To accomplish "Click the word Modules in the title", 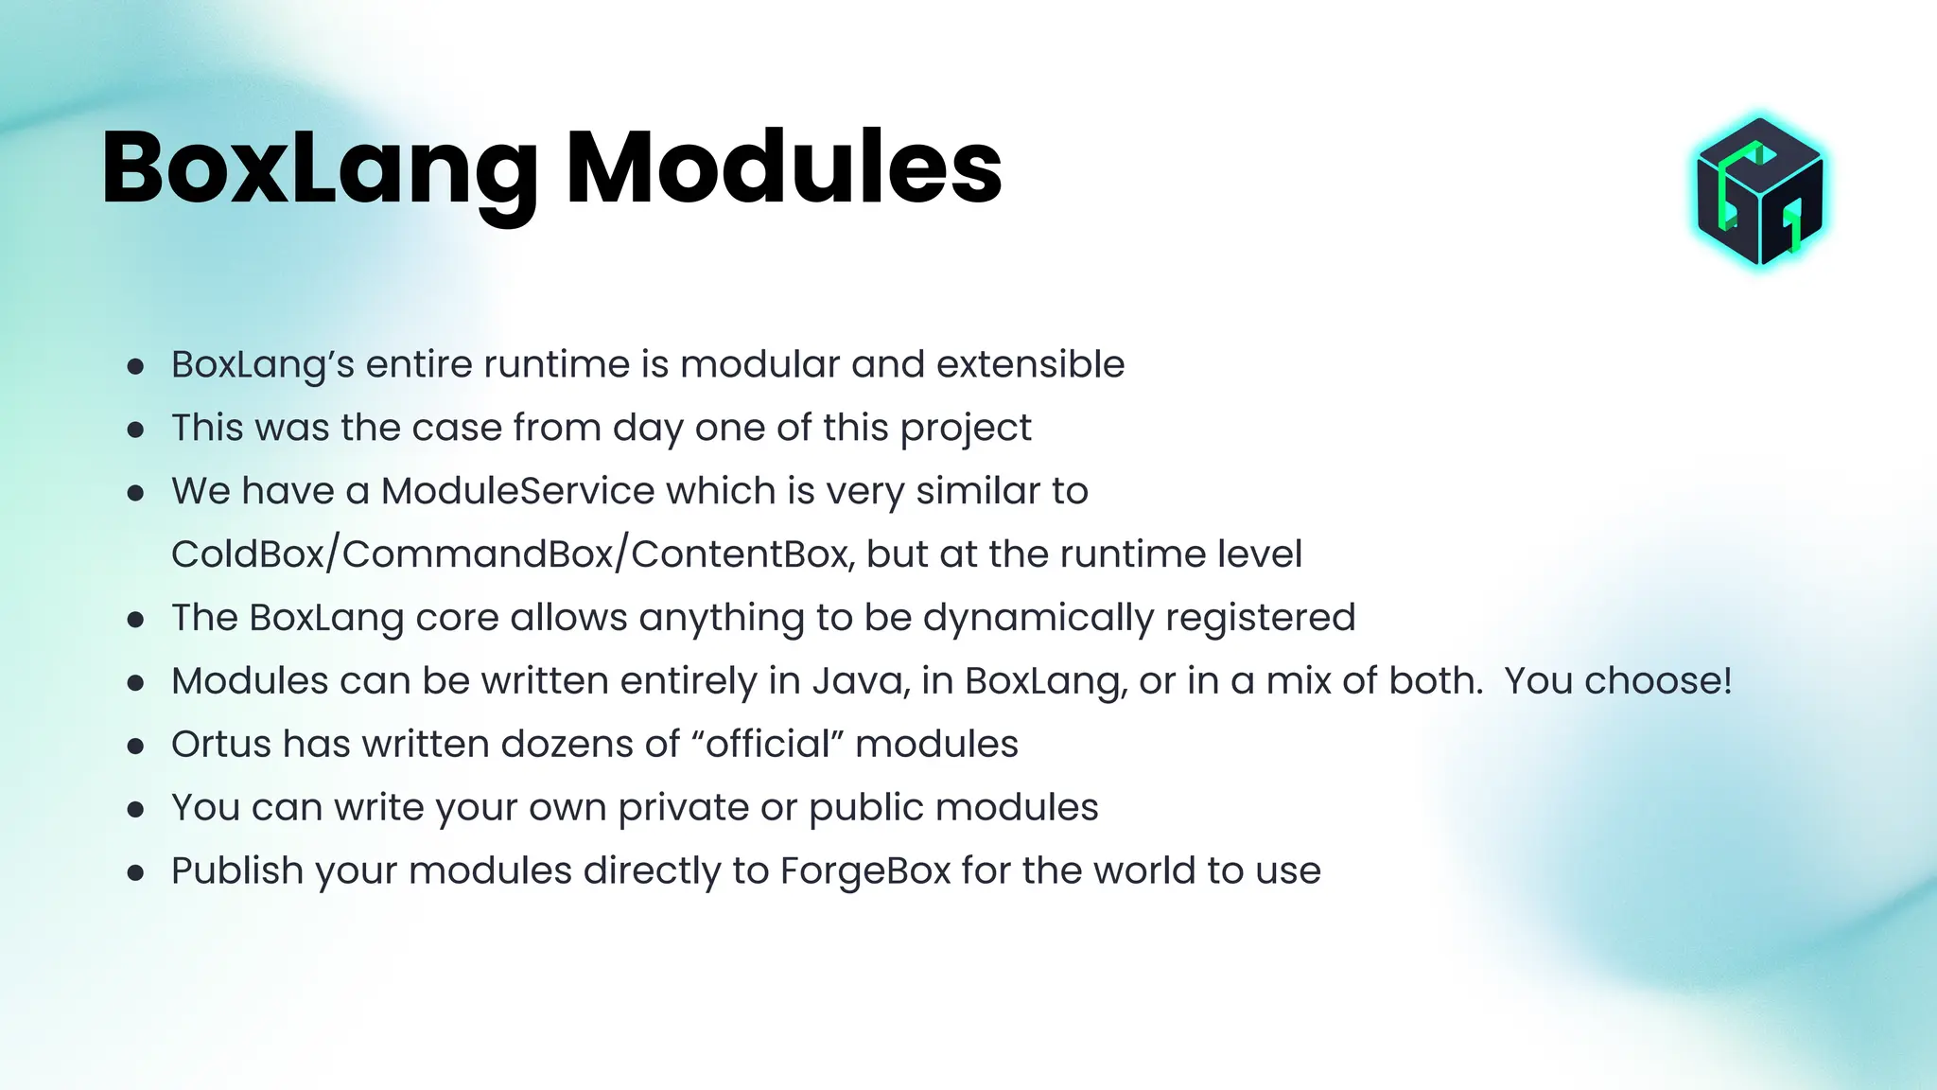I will click(783, 168).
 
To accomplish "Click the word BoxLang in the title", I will click(320, 168).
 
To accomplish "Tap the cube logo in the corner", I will click(1759, 192).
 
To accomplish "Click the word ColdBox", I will click(247, 554).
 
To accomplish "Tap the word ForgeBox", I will click(865, 871).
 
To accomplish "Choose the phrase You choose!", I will click(1617, 681).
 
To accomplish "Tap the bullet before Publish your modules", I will click(135, 872).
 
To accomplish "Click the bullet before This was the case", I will click(135, 430).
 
